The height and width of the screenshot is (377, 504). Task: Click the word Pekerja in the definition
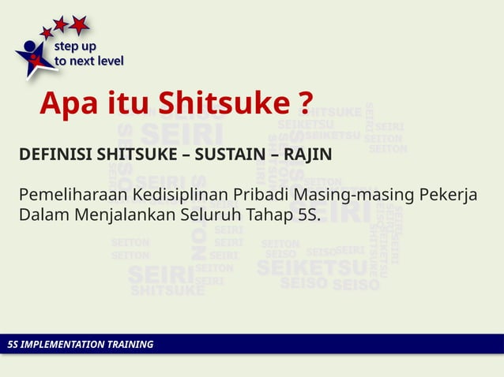[x=448, y=195]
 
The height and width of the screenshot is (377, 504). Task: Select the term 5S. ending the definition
[x=304, y=215]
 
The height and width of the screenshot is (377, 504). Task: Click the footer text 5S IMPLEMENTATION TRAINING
[x=79, y=345]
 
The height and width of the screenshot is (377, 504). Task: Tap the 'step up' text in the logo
[x=75, y=47]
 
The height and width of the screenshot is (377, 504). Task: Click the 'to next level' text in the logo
[x=88, y=61]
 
